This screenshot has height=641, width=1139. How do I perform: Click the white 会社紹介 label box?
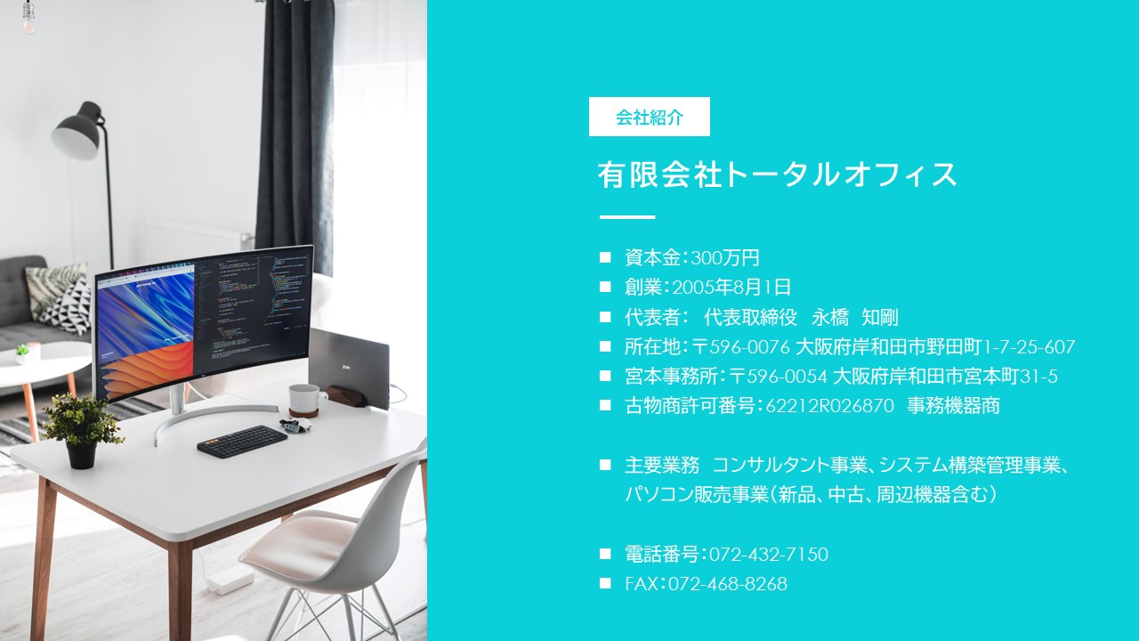pyautogui.click(x=650, y=117)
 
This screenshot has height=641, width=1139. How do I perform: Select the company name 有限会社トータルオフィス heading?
pyautogui.click(x=778, y=174)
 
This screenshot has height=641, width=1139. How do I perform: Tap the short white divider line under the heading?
pyautogui.click(x=627, y=217)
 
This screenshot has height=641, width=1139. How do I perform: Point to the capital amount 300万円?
pyautogui.click(x=725, y=258)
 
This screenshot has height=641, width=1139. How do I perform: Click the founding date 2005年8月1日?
pyautogui.click(x=731, y=288)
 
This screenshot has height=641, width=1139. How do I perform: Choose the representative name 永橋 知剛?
pyautogui.click(x=855, y=318)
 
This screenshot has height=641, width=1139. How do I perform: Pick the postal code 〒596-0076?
pyautogui.click(x=740, y=347)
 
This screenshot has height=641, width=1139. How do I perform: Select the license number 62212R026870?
pyautogui.click(x=830, y=406)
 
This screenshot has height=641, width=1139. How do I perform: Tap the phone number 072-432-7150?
pyautogui.click(x=768, y=554)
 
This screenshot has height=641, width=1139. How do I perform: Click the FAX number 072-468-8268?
pyautogui.click(x=728, y=583)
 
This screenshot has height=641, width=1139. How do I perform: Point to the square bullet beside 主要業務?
pyautogui.click(x=605, y=465)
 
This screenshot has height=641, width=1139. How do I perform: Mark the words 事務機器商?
pyautogui.click(x=953, y=406)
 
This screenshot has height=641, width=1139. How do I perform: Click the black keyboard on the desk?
pyautogui.click(x=242, y=441)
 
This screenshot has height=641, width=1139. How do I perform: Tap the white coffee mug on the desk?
pyautogui.click(x=307, y=399)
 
